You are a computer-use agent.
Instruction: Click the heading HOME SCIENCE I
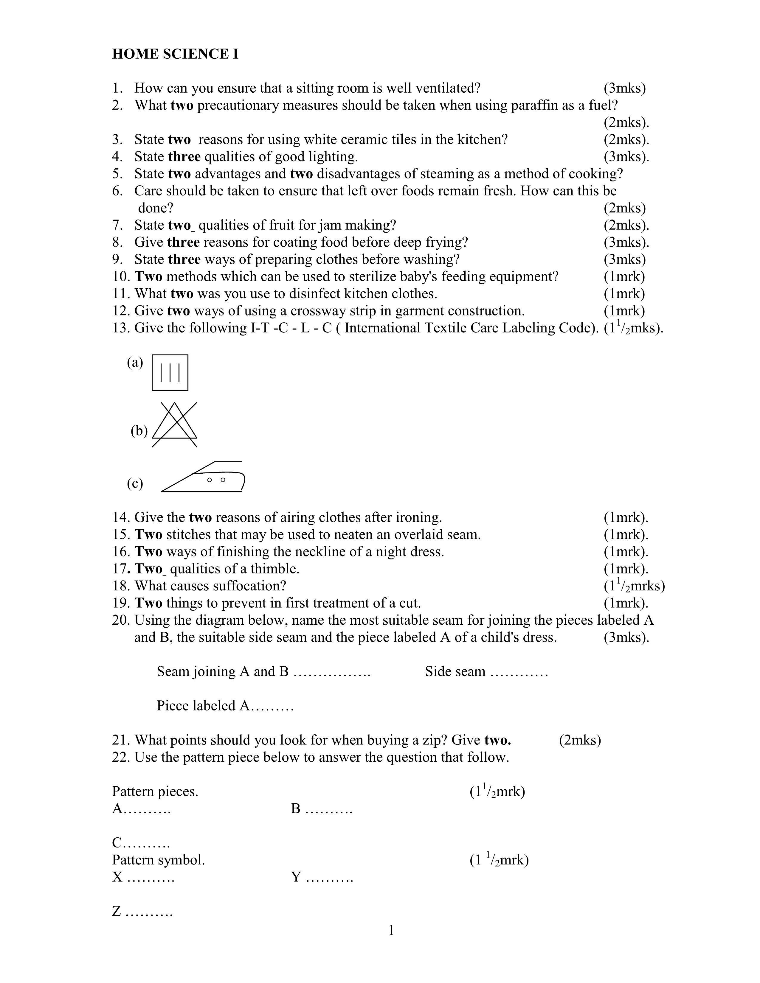(x=175, y=54)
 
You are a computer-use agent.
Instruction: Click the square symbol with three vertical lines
(x=170, y=373)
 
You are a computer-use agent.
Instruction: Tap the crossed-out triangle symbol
(x=175, y=424)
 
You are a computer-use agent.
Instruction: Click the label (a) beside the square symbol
(x=135, y=362)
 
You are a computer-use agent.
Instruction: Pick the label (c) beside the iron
(x=135, y=483)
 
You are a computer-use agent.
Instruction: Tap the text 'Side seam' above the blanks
(x=455, y=671)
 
